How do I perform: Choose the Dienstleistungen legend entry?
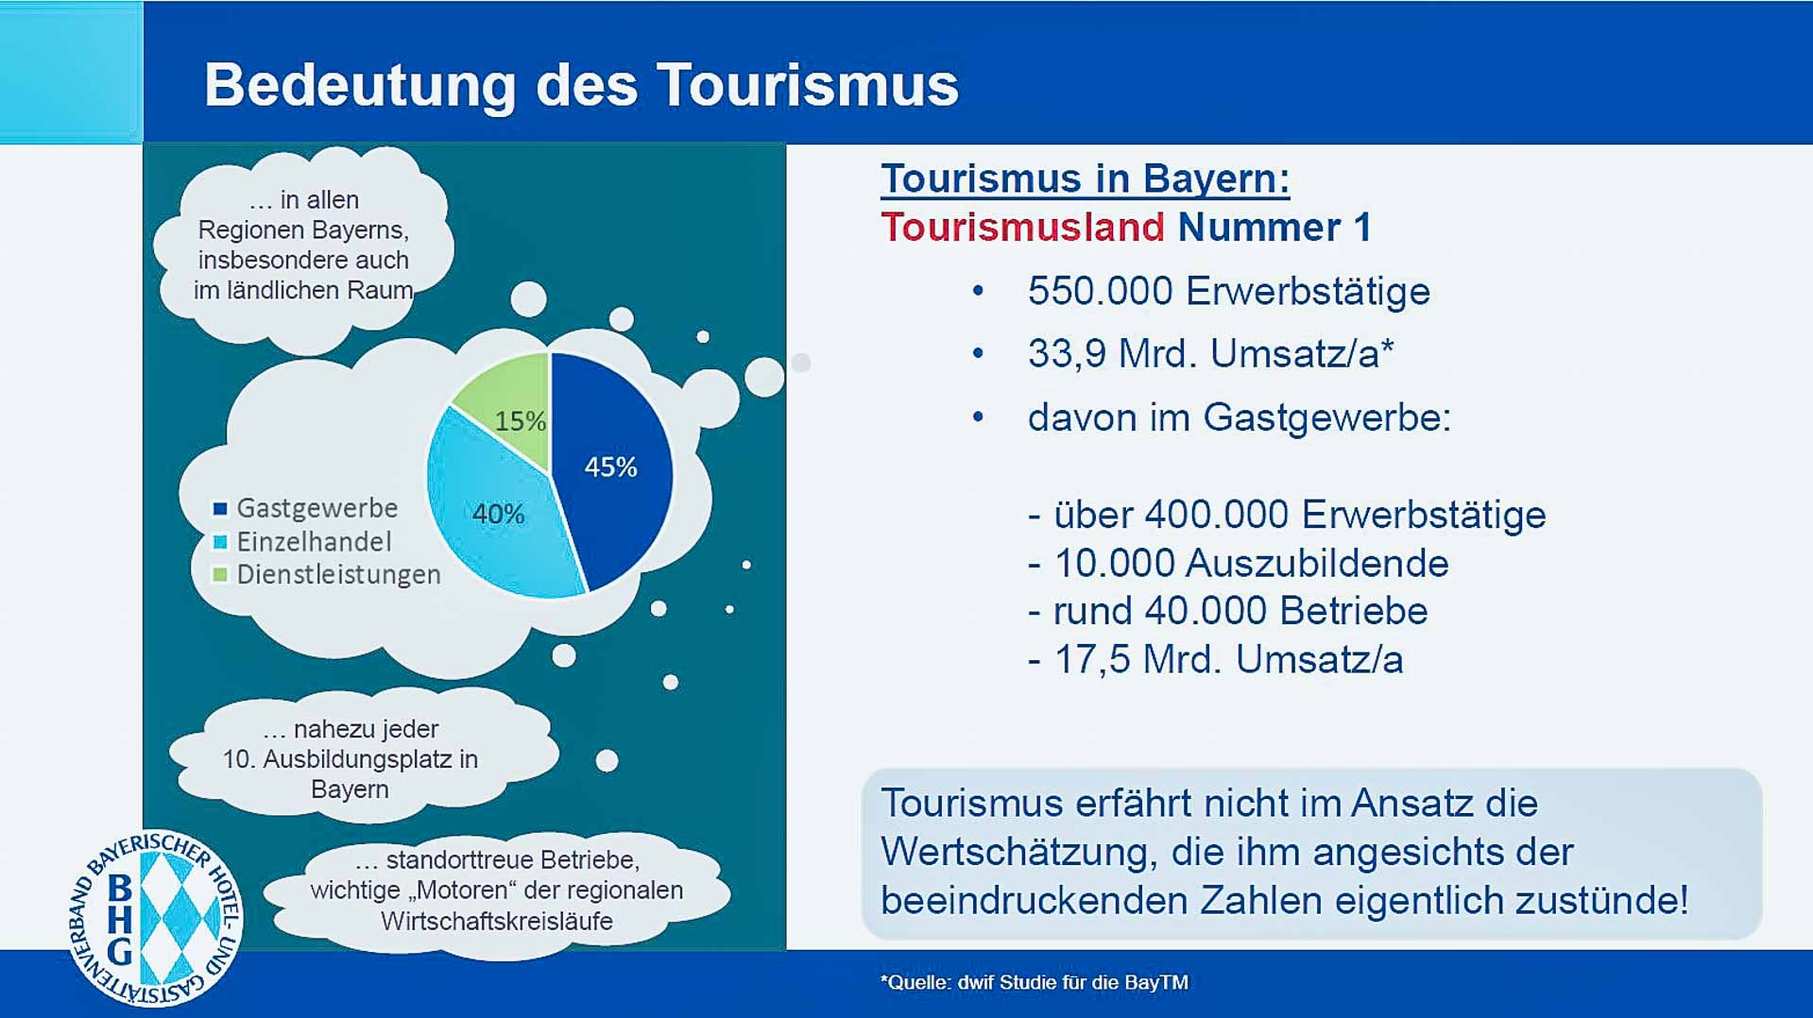tap(327, 574)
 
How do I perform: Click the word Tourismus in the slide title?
tap(808, 85)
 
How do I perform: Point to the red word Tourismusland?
tap(1022, 228)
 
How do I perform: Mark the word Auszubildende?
tap(1317, 564)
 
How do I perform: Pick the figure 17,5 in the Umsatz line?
tap(1091, 660)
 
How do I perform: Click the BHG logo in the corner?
tap(156, 919)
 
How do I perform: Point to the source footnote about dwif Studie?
tap(1035, 982)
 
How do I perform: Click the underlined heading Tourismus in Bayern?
tap(1086, 178)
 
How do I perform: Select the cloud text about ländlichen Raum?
tap(303, 245)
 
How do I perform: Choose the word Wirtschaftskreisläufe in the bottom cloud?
tap(497, 921)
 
